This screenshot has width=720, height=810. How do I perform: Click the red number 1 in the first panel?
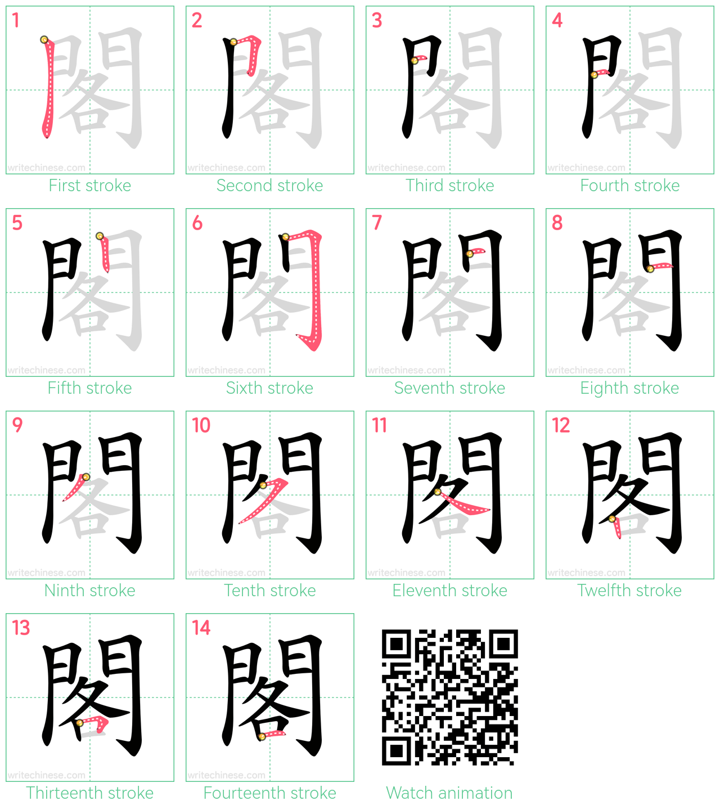click(16, 20)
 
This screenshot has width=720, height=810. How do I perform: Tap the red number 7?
click(376, 223)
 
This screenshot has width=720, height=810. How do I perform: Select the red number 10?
click(201, 425)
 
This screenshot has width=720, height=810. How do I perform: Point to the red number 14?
click(201, 628)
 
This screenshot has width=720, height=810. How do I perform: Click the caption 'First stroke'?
click(90, 186)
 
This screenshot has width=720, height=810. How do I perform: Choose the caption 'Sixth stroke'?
click(269, 388)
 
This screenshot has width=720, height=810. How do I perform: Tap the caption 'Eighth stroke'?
click(629, 388)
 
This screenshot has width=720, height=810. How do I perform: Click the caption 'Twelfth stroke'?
click(629, 591)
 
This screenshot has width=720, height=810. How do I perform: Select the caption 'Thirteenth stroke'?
click(90, 793)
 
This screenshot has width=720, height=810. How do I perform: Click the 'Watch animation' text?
click(449, 793)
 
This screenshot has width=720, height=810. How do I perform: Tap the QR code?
click(450, 697)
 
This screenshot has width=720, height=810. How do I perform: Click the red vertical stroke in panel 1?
click(49, 88)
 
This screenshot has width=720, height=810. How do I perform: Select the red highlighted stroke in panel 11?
click(463, 503)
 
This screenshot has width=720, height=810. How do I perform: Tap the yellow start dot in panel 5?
click(100, 236)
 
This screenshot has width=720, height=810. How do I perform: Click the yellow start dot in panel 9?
click(86, 476)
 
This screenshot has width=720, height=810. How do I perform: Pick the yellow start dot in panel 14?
click(262, 737)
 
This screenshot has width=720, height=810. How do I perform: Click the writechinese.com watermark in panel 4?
click(586, 168)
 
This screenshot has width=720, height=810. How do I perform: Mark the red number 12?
click(561, 425)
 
